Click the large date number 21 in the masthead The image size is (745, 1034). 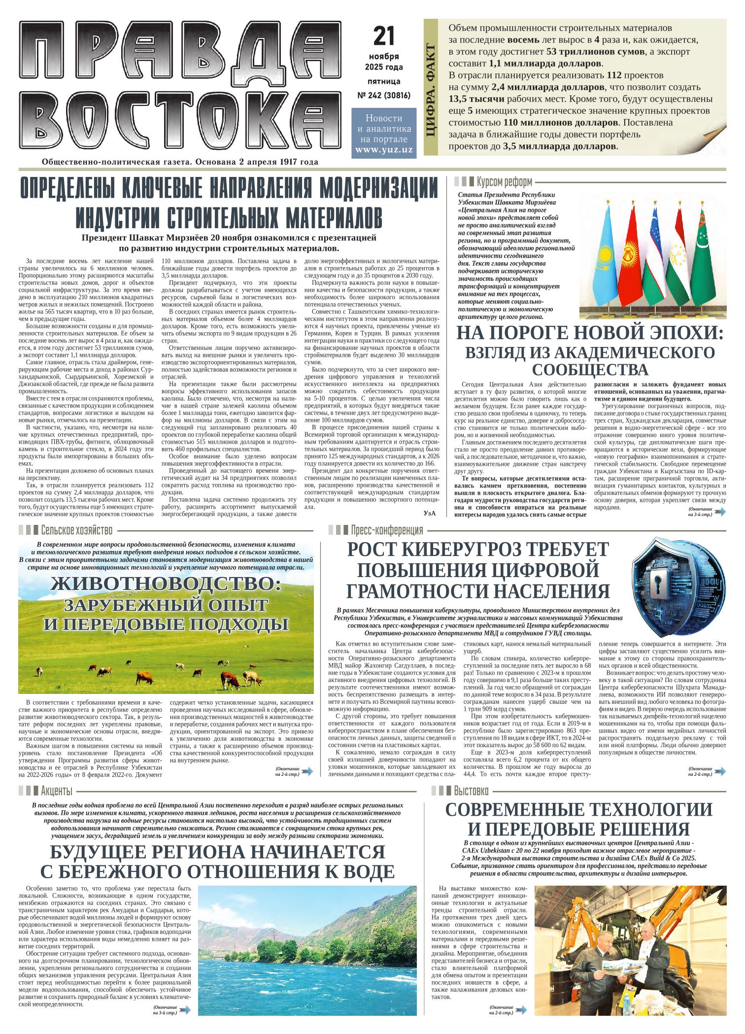[x=384, y=36]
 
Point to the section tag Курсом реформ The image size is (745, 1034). [x=505, y=182]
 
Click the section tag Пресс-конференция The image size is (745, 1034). [x=387, y=530]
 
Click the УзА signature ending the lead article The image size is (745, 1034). [x=430, y=513]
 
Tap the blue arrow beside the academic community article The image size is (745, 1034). [x=720, y=512]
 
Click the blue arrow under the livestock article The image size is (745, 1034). [x=307, y=771]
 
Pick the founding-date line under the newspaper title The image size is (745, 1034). [x=180, y=162]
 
